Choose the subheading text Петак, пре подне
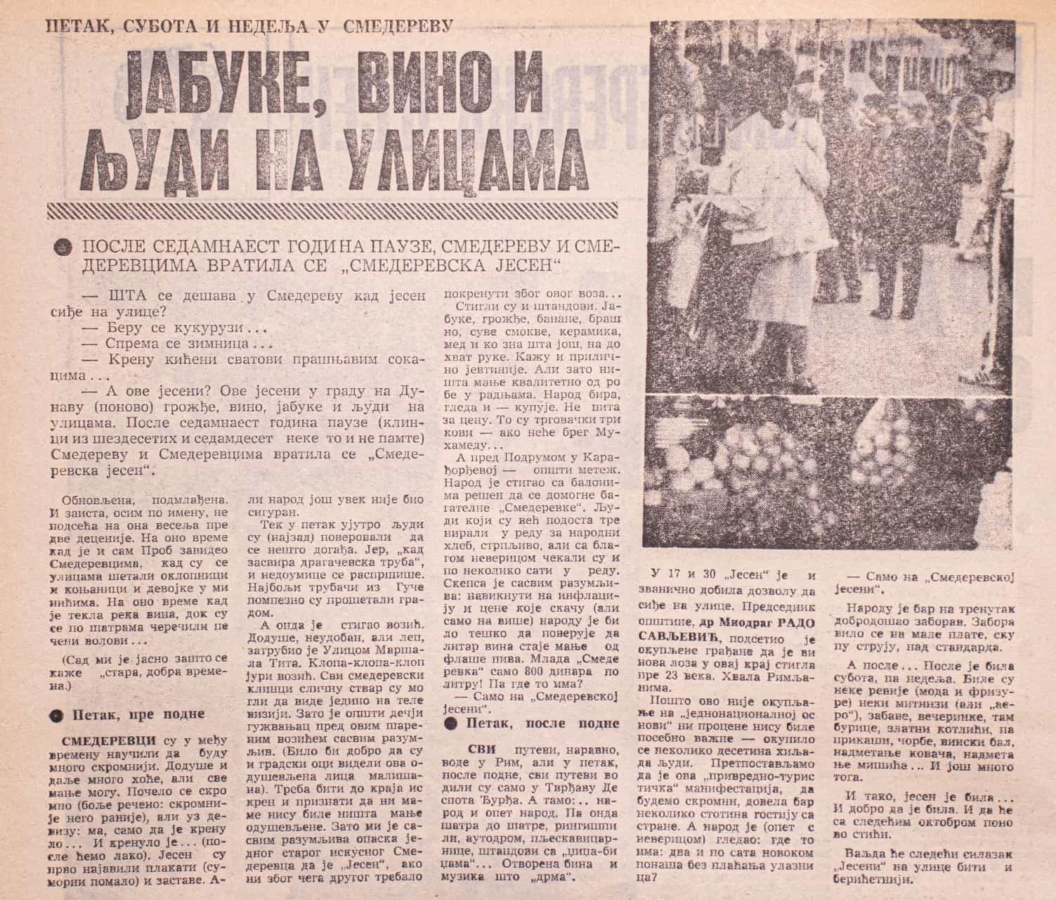pos(139,714)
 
